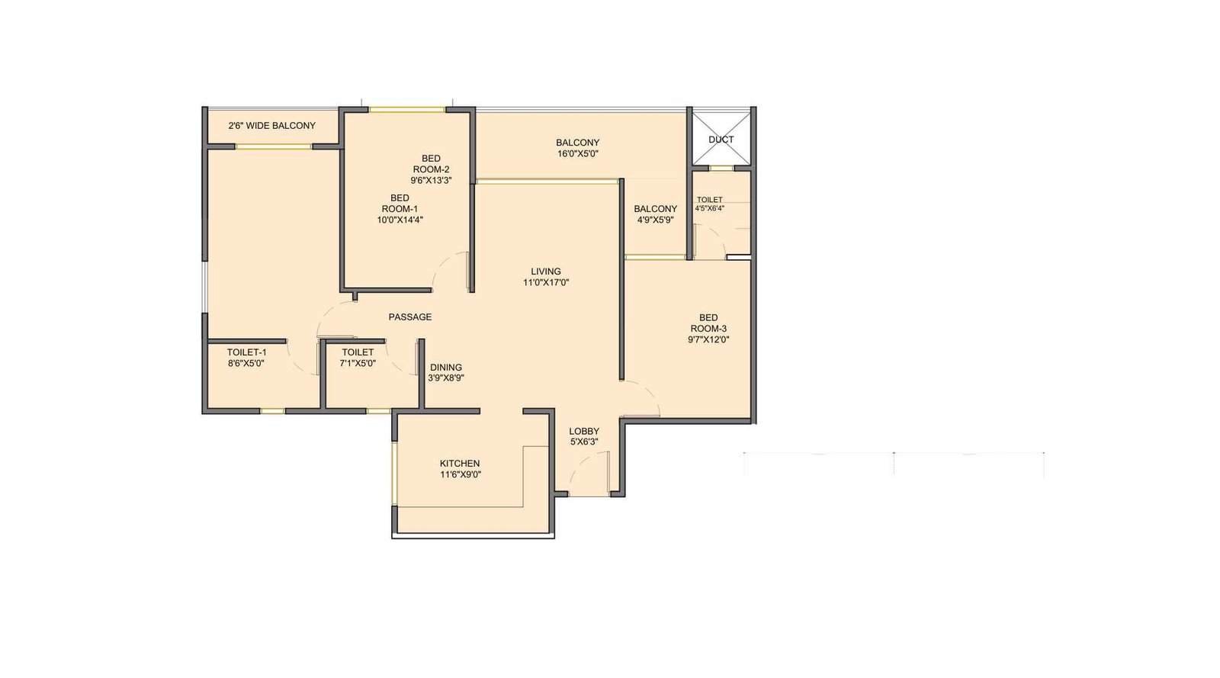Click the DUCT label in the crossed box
coord(721,140)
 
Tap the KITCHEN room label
coord(460,463)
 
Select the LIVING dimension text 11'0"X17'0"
coord(546,282)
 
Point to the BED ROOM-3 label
coord(708,323)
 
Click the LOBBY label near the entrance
coord(584,431)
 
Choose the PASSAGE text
coord(410,317)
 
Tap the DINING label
coord(446,367)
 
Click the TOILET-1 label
coord(246,352)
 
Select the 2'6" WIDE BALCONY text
coord(271,126)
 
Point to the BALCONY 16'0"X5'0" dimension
coord(577,153)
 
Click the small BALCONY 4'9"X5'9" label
coord(655,209)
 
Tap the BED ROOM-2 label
coord(431,164)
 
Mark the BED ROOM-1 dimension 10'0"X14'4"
coord(400,220)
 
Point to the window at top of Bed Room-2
coord(407,110)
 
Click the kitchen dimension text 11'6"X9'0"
coord(460,474)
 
